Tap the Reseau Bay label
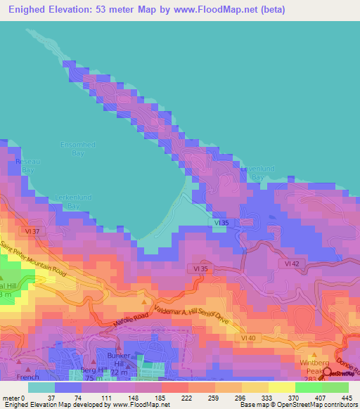coord(26,166)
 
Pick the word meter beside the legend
coord(10,398)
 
